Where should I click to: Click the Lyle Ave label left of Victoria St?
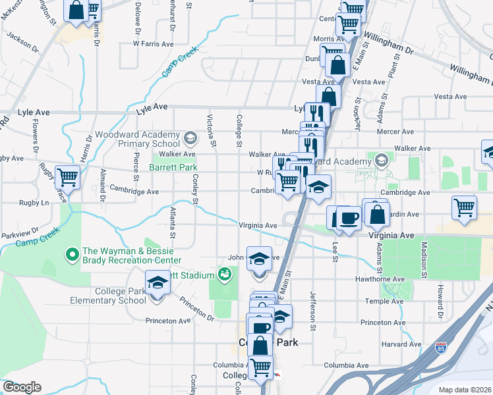pyautogui.click(x=152, y=106)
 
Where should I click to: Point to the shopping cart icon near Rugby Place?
pyautogui.click(x=67, y=176)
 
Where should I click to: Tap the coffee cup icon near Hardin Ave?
pyautogui.click(x=349, y=218)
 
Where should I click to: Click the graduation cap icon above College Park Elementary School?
pyautogui.click(x=158, y=282)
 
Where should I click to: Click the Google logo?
pyautogui.click(x=22, y=387)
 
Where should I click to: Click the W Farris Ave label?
pyautogui.click(x=153, y=43)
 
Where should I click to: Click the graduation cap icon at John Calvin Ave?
pyautogui.click(x=259, y=257)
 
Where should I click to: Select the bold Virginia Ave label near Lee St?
pyautogui.click(x=391, y=234)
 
